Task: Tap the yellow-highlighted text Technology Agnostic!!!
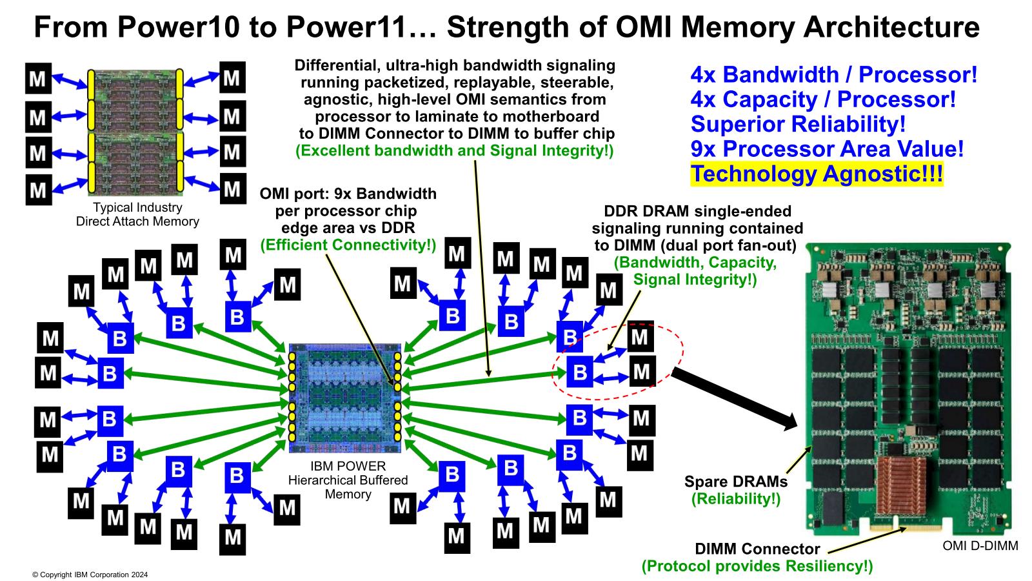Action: pos(817,174)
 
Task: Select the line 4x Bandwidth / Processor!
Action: pos(834,75)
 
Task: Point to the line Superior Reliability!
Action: pos(799,124)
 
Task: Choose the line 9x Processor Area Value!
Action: pos(828,149)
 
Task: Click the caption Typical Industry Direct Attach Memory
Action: pos(137,215)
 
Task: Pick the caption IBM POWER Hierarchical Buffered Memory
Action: pos(348,480)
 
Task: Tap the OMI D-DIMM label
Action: pos(980,546)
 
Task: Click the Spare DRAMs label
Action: pos(735,482)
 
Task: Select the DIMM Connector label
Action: pos(757,549)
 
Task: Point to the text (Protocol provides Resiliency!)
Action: pos(757,567)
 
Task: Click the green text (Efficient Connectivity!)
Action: pos(348,245)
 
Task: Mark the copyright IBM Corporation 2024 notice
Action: pos(90,574)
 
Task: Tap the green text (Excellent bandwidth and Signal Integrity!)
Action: pos(455,151)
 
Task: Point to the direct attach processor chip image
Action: pos(136,133)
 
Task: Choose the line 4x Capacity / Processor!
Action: pos(823,99)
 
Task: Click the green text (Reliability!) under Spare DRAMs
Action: pos(735,498)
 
